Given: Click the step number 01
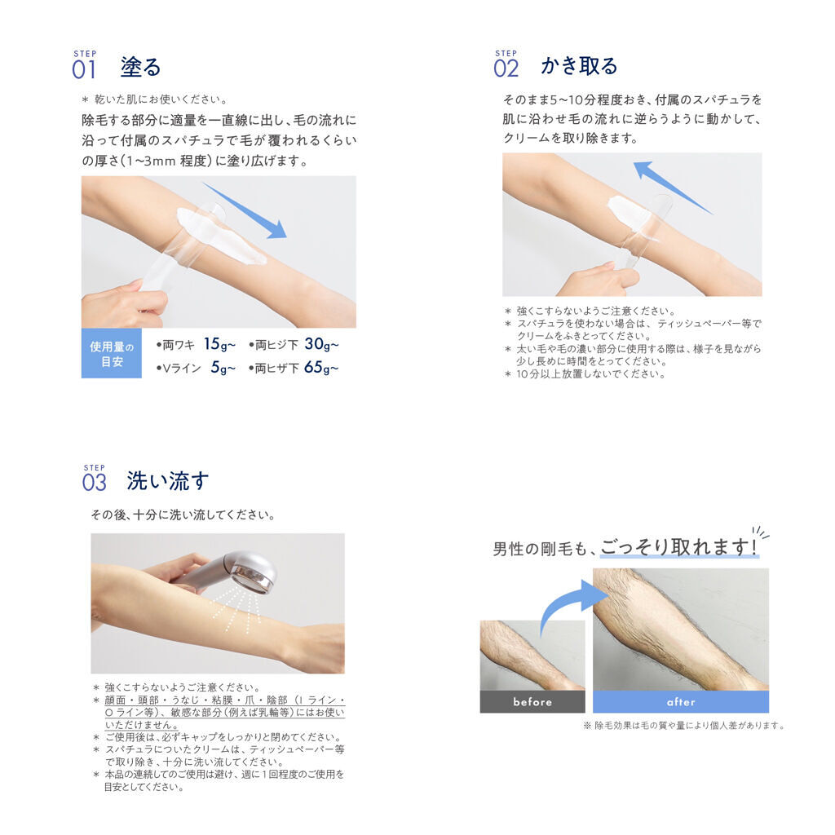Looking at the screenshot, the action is pos(84,70).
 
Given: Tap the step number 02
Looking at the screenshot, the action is pos(506,68).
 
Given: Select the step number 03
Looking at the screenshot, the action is pos(95,483).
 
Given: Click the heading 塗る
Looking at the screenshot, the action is pos(140,67).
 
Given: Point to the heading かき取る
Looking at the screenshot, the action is pos(580,65).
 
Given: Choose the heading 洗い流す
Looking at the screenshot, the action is pos(168,480).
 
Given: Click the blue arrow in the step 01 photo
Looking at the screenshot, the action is pos(245,210).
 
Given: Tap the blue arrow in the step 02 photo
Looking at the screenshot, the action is pos(673,188).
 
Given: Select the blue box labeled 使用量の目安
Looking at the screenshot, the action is pos(111,353).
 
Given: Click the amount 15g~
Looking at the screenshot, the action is pos(219,344).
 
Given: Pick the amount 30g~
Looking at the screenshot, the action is pos(321,345).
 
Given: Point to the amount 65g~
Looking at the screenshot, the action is pos(321,368).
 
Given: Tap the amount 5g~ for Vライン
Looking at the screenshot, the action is pos(223,368).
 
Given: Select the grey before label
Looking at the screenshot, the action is pos(532,702).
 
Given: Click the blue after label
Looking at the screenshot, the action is pos(681,702).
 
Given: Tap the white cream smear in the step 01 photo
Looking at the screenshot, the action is pos(220,234).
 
